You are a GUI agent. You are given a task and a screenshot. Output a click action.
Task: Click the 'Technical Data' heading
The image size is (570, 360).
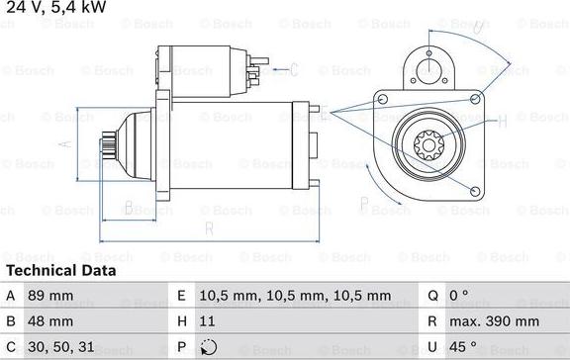tap(61, 270)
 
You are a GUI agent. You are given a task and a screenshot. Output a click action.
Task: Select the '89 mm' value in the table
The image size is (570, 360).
tap(50, 295)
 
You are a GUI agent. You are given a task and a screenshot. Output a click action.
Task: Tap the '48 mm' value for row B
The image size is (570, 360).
tap(50, 321)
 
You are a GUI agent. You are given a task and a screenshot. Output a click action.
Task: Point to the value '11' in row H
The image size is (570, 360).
tap(207, 321)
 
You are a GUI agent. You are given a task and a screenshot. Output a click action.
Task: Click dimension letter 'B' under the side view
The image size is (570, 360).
tap(128, 207)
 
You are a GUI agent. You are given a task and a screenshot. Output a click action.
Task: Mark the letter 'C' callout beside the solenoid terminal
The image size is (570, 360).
tap(295, 68)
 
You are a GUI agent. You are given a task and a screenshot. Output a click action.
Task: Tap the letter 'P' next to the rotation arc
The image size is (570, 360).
tap(364, 206)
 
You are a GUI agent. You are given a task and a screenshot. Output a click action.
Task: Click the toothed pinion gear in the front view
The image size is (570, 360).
tap(429, 146)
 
